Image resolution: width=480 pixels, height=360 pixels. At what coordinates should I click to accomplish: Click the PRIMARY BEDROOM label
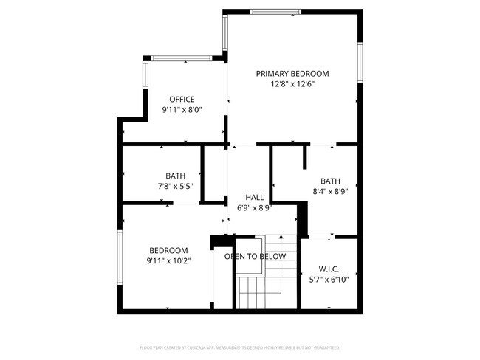click(292, 74)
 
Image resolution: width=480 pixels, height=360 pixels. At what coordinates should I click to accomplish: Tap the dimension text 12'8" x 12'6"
click(292, 84)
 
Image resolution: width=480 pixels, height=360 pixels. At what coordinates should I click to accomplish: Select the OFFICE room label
click(182, 100)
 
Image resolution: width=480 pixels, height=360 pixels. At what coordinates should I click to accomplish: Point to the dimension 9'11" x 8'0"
click(182, 110)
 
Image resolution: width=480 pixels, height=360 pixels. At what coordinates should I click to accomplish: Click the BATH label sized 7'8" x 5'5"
click(175, 176)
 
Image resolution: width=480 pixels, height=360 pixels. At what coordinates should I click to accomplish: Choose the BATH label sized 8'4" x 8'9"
click(330, 181)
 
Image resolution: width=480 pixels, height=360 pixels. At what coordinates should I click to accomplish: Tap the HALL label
click(255, 198)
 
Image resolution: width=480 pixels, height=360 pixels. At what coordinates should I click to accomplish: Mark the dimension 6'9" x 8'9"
click(255, 208)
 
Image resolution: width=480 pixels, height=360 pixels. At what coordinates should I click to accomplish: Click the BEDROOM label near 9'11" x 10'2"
click(168, 250)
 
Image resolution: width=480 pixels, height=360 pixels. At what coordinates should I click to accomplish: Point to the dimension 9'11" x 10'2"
click(168, 260)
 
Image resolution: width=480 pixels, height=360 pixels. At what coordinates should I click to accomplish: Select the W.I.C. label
click(329, 269)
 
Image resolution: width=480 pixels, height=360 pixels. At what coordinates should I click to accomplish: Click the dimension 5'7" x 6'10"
click(329, 280)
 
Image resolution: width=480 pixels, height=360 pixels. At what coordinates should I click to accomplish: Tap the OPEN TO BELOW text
click(255, 257)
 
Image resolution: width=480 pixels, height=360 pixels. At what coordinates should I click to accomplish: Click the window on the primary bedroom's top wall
click(275, 11)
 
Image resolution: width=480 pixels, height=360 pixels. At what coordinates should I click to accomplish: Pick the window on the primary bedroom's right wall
click(360, 65)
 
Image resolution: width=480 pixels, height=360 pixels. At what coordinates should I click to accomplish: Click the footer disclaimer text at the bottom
click(240, 347)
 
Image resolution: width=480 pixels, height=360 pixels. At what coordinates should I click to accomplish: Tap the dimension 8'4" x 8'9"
click(330, 192)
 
